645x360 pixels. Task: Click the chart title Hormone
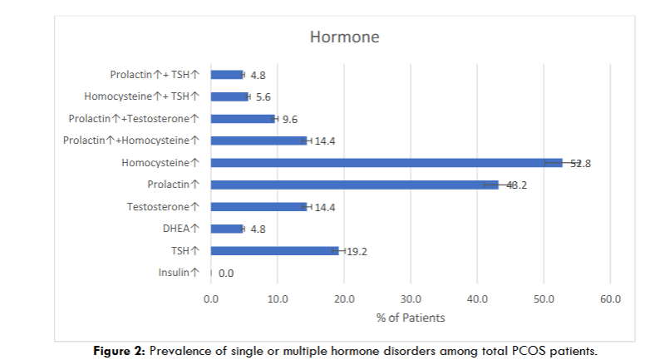click(344, 37)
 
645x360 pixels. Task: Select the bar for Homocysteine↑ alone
click(387, 163)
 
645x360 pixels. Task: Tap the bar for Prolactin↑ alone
click(354, 185)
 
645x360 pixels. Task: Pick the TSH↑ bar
click(274, 250)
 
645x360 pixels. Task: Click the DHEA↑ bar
click(227, 229)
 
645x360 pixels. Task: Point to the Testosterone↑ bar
click(258, 206)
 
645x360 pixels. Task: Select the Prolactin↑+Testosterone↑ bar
click(243, 119)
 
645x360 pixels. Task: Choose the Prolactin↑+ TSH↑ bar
click(227, 75)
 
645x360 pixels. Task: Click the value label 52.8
click(580, 163)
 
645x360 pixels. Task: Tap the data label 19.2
click(357, 251)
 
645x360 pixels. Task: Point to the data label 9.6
click(292, 119)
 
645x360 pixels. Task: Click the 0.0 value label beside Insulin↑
click(226, 273)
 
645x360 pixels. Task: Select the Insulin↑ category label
click(178, 273)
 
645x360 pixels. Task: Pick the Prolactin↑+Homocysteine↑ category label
click(131, 141)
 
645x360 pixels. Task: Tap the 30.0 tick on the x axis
click(411, 298)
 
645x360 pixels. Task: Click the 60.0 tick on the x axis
click(610, 298)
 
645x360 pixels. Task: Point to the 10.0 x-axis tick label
click(277, 298)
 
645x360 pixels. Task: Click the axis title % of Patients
click(411, 318)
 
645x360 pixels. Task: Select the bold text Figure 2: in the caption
click(121, 351)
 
